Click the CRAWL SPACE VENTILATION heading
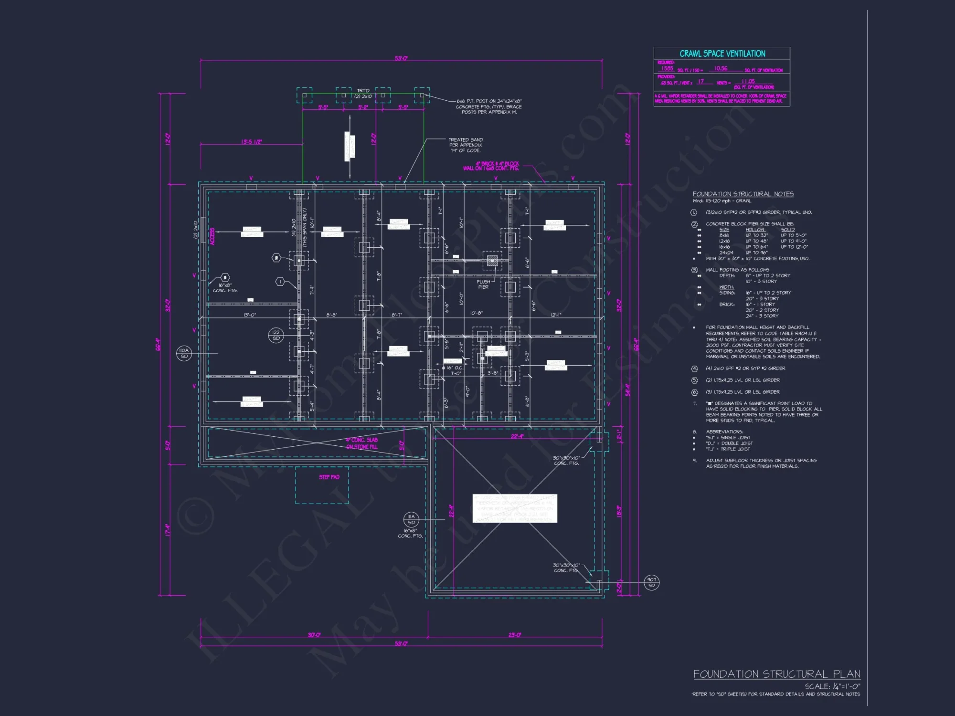point(722,54)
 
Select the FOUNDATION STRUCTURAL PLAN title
point(776,674)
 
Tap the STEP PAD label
point(329,477)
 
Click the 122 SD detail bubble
point(276,335)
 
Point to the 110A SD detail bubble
point(184,353)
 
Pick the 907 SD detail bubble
point(652,582)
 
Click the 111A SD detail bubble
point(411,519)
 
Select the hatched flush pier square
point(492,261)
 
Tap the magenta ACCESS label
point(212,236)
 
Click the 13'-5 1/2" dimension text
point(252,142)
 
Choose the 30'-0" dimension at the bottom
point(314,635)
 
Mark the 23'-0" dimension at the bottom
point(515,635)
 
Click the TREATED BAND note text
point(466,145)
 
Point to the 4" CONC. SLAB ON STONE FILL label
point(362,443)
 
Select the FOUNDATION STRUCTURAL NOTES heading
point(743,194)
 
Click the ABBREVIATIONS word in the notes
point(724,432)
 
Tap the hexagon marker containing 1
point(281,282)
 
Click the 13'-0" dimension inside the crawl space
point(250,315)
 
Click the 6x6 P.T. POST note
point(488,106)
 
